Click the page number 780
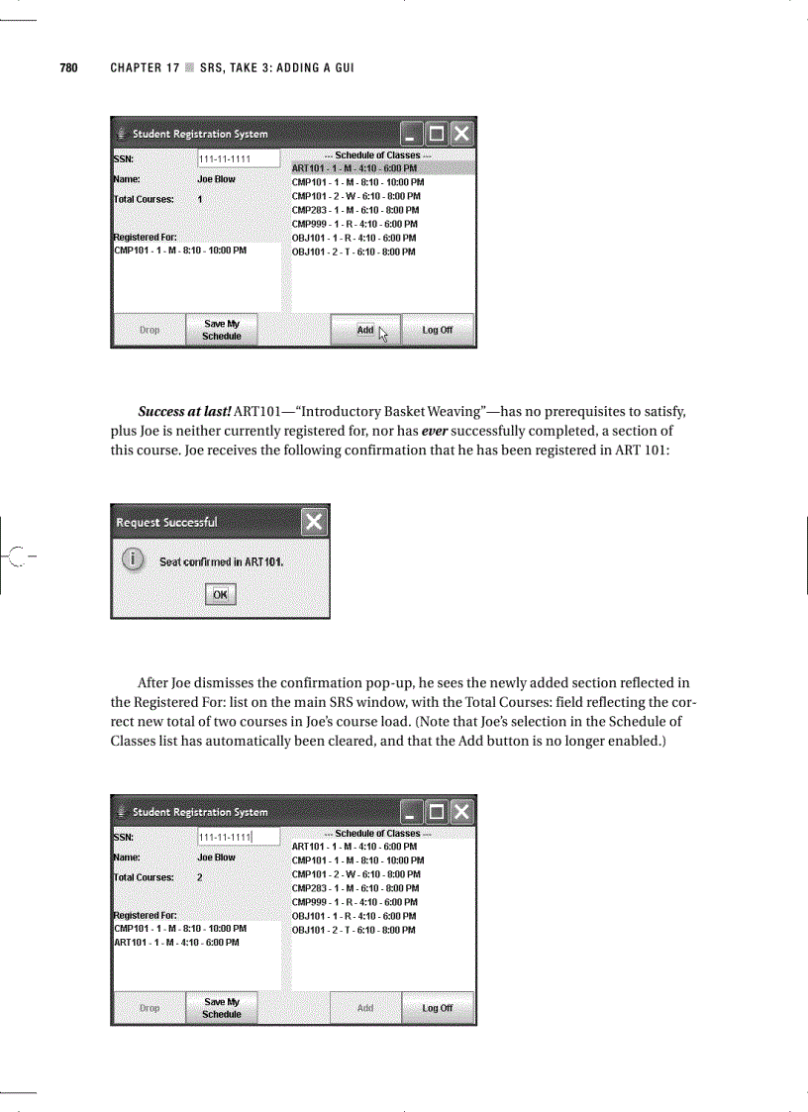(68, 68)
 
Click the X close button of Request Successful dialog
(314, 522)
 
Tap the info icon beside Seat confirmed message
(130, 560)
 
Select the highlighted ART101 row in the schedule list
(353, 168)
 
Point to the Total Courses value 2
(199, 877)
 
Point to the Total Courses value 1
(199, 199)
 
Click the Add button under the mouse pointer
(365, 330)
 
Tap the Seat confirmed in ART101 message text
(222, 561)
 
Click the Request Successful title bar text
(166, 522)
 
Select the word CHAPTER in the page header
(137, 68)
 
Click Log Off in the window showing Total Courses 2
(437, 1008)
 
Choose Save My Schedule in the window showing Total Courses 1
(221, 330)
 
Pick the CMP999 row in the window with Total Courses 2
(353, 902)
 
